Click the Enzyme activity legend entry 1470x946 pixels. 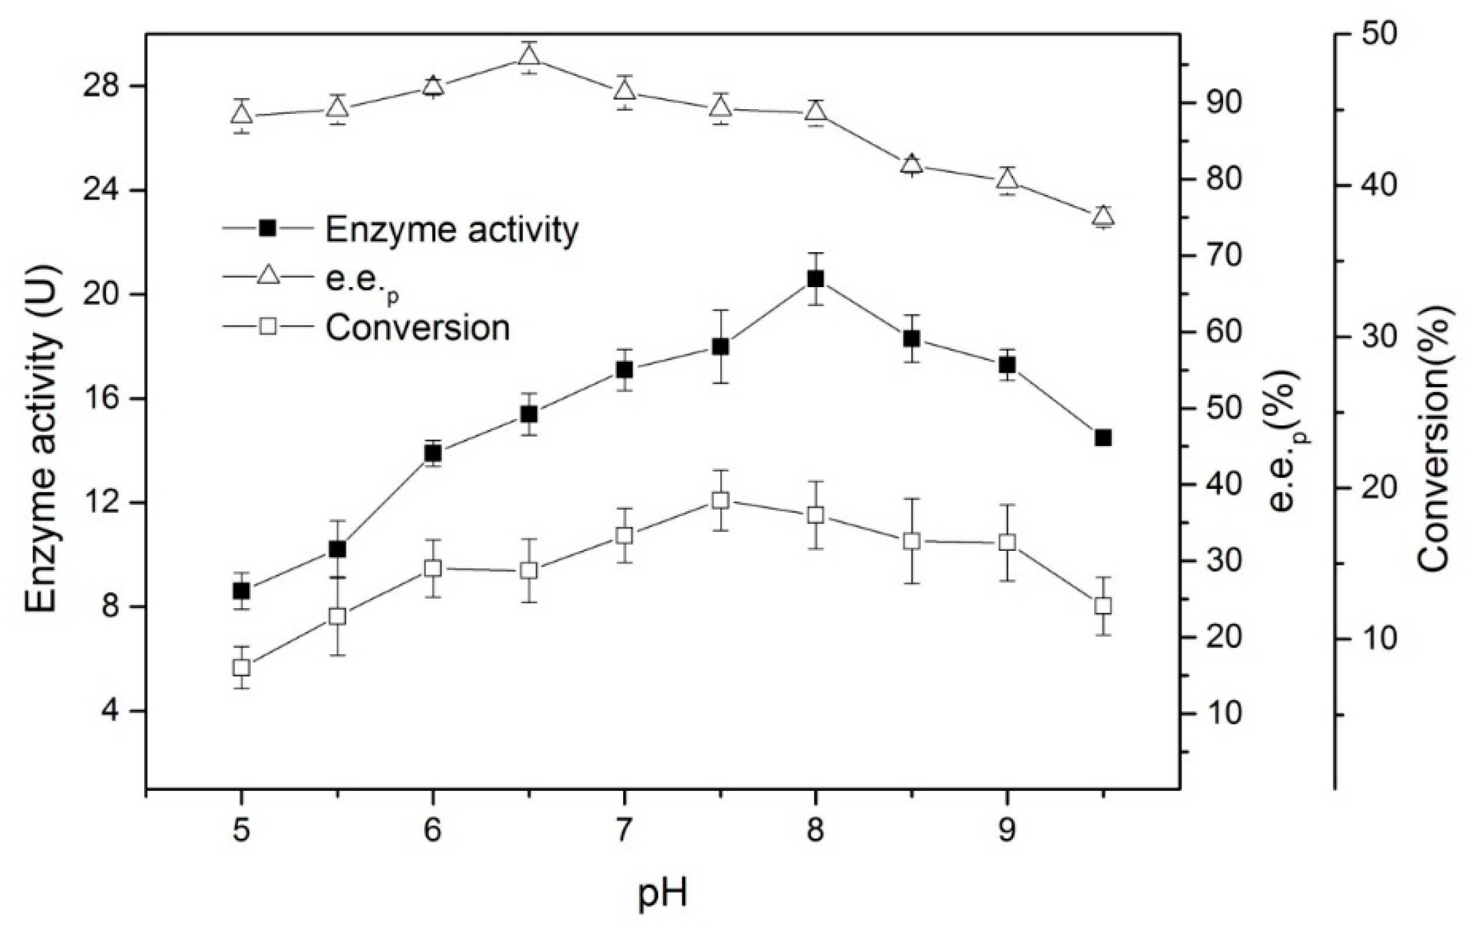tap(452, 230)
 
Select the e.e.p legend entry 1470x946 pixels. tap(362, 279)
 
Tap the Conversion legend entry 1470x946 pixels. tap(418, 328)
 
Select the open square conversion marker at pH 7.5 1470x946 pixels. tap(721, 500)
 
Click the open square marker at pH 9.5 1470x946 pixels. tap(1104, 606)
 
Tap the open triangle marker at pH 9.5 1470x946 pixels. tap(1104, 215)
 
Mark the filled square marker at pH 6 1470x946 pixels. tap(432, 453)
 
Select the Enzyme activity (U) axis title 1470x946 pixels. tap(42, 439)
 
